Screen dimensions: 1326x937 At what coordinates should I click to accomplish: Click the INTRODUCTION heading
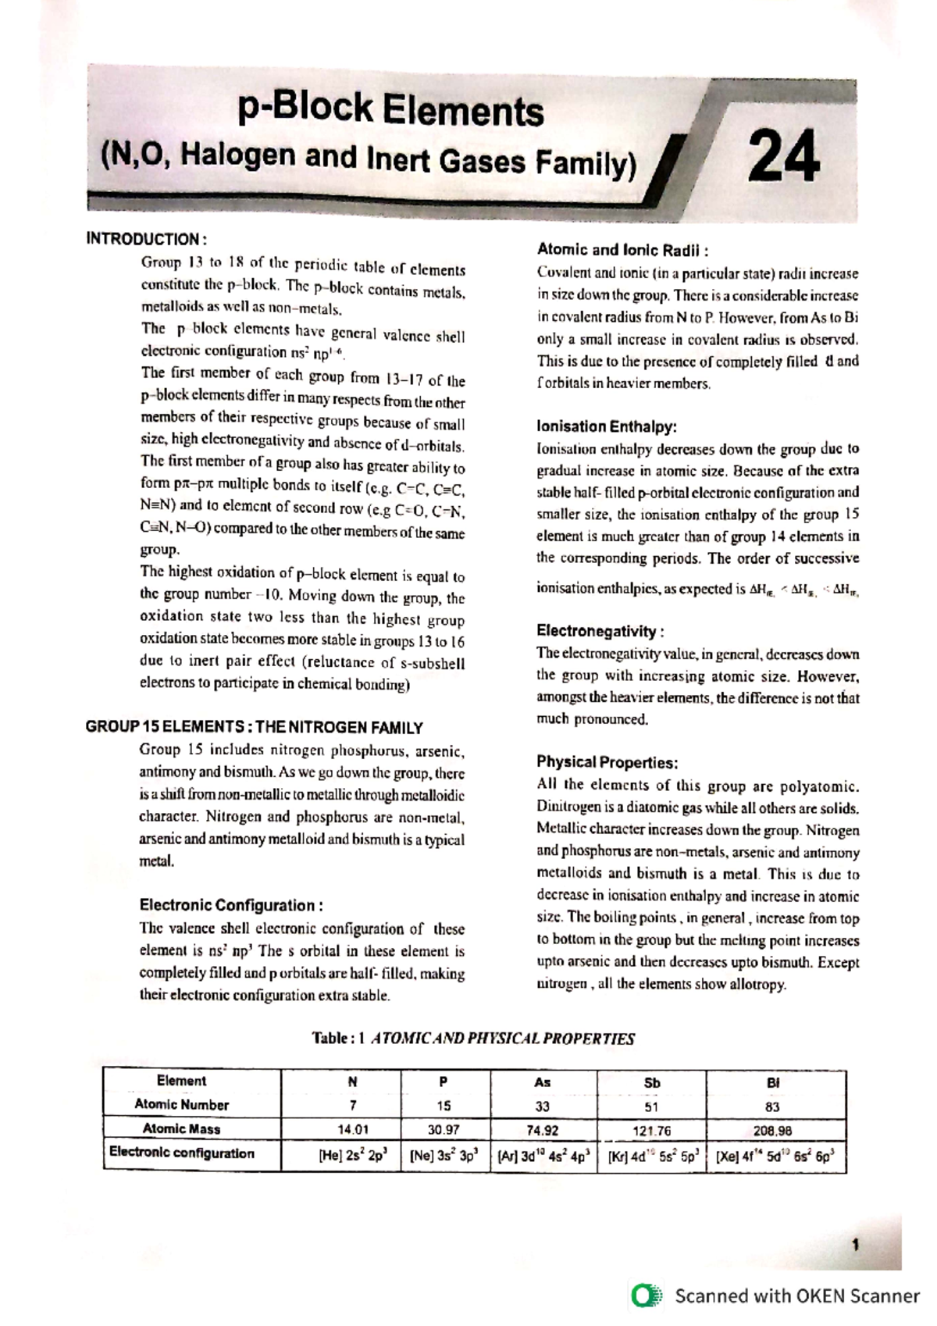tap(146, 239)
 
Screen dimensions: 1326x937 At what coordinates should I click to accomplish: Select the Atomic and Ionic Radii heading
tap(622, 250)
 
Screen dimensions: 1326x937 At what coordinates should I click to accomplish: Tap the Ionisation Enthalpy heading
tap(607, 426)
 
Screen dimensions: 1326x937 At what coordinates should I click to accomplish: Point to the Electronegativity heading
tap(600, 631)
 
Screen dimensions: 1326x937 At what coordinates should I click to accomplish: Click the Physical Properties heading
tap(607, 762)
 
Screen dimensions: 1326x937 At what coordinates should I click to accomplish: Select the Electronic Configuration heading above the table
tap(231, 906)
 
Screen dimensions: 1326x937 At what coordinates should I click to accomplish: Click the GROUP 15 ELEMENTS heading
tap(254, 728)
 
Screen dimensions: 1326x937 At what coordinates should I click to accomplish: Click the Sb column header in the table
tap(652, 1083)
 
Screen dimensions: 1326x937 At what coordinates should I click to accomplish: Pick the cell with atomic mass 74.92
tap(543, 1130)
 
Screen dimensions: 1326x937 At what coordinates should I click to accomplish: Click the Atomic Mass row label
tap(181, 1129)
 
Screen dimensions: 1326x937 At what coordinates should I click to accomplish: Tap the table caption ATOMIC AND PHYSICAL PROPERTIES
tap(501, 1039)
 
